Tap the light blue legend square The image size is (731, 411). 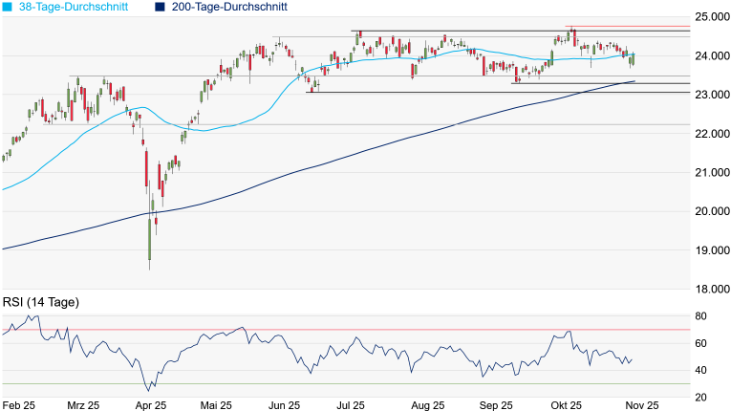click(x=8, y=7)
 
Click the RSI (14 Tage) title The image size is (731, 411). click(x=41, y=303)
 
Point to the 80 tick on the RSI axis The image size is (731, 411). click(x=701, y=316)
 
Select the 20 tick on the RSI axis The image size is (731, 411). click(x=701, y=397)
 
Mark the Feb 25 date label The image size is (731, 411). click(x=19, y=404)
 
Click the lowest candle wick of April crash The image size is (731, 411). click(x=150, y=268)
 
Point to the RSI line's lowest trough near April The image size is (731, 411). click(x=148, y=391)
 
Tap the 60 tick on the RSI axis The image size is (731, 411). click(x=701, y=343)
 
